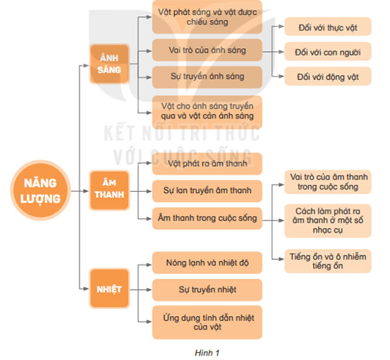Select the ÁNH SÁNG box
coord(109,63)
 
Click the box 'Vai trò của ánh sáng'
coord(207,50)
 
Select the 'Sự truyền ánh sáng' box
coord(207,77)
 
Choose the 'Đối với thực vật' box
coord(327,27)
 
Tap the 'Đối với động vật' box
coord(327,77)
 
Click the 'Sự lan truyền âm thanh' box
coord(207,190)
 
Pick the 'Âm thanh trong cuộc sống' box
coord(207,217)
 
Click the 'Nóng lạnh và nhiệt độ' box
coord(207,263)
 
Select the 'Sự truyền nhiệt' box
coord(207,289)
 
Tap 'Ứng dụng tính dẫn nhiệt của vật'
coord(207,322)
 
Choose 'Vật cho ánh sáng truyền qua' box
coord(207,110)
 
